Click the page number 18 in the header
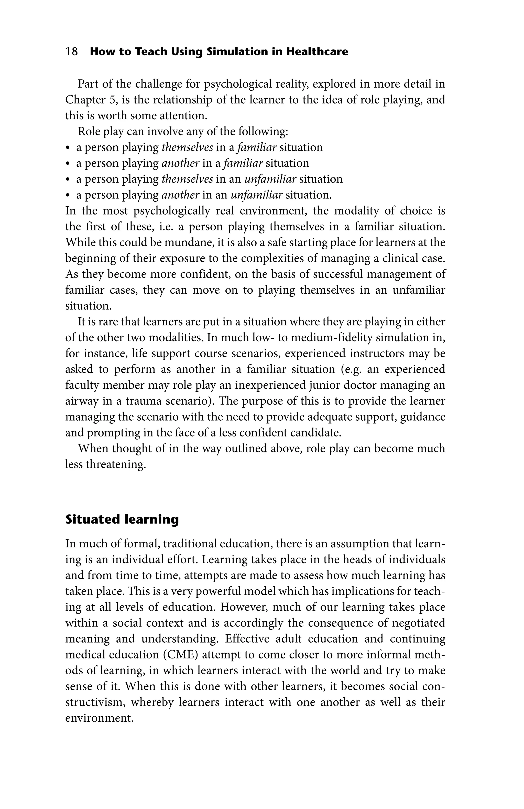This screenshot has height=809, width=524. [71, 52]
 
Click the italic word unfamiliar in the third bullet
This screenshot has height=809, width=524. [270, 179]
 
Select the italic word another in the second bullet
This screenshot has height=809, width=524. [180, 163]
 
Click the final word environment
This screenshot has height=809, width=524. [99, 718]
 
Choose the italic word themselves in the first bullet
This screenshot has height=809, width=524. [187, 147]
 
